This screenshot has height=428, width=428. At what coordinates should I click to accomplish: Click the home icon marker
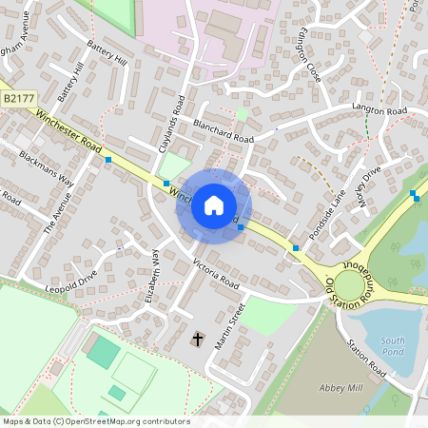point(213,204)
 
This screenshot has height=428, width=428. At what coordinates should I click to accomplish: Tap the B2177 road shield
point(17,98)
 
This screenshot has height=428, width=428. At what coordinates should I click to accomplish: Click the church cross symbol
point(199,339)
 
